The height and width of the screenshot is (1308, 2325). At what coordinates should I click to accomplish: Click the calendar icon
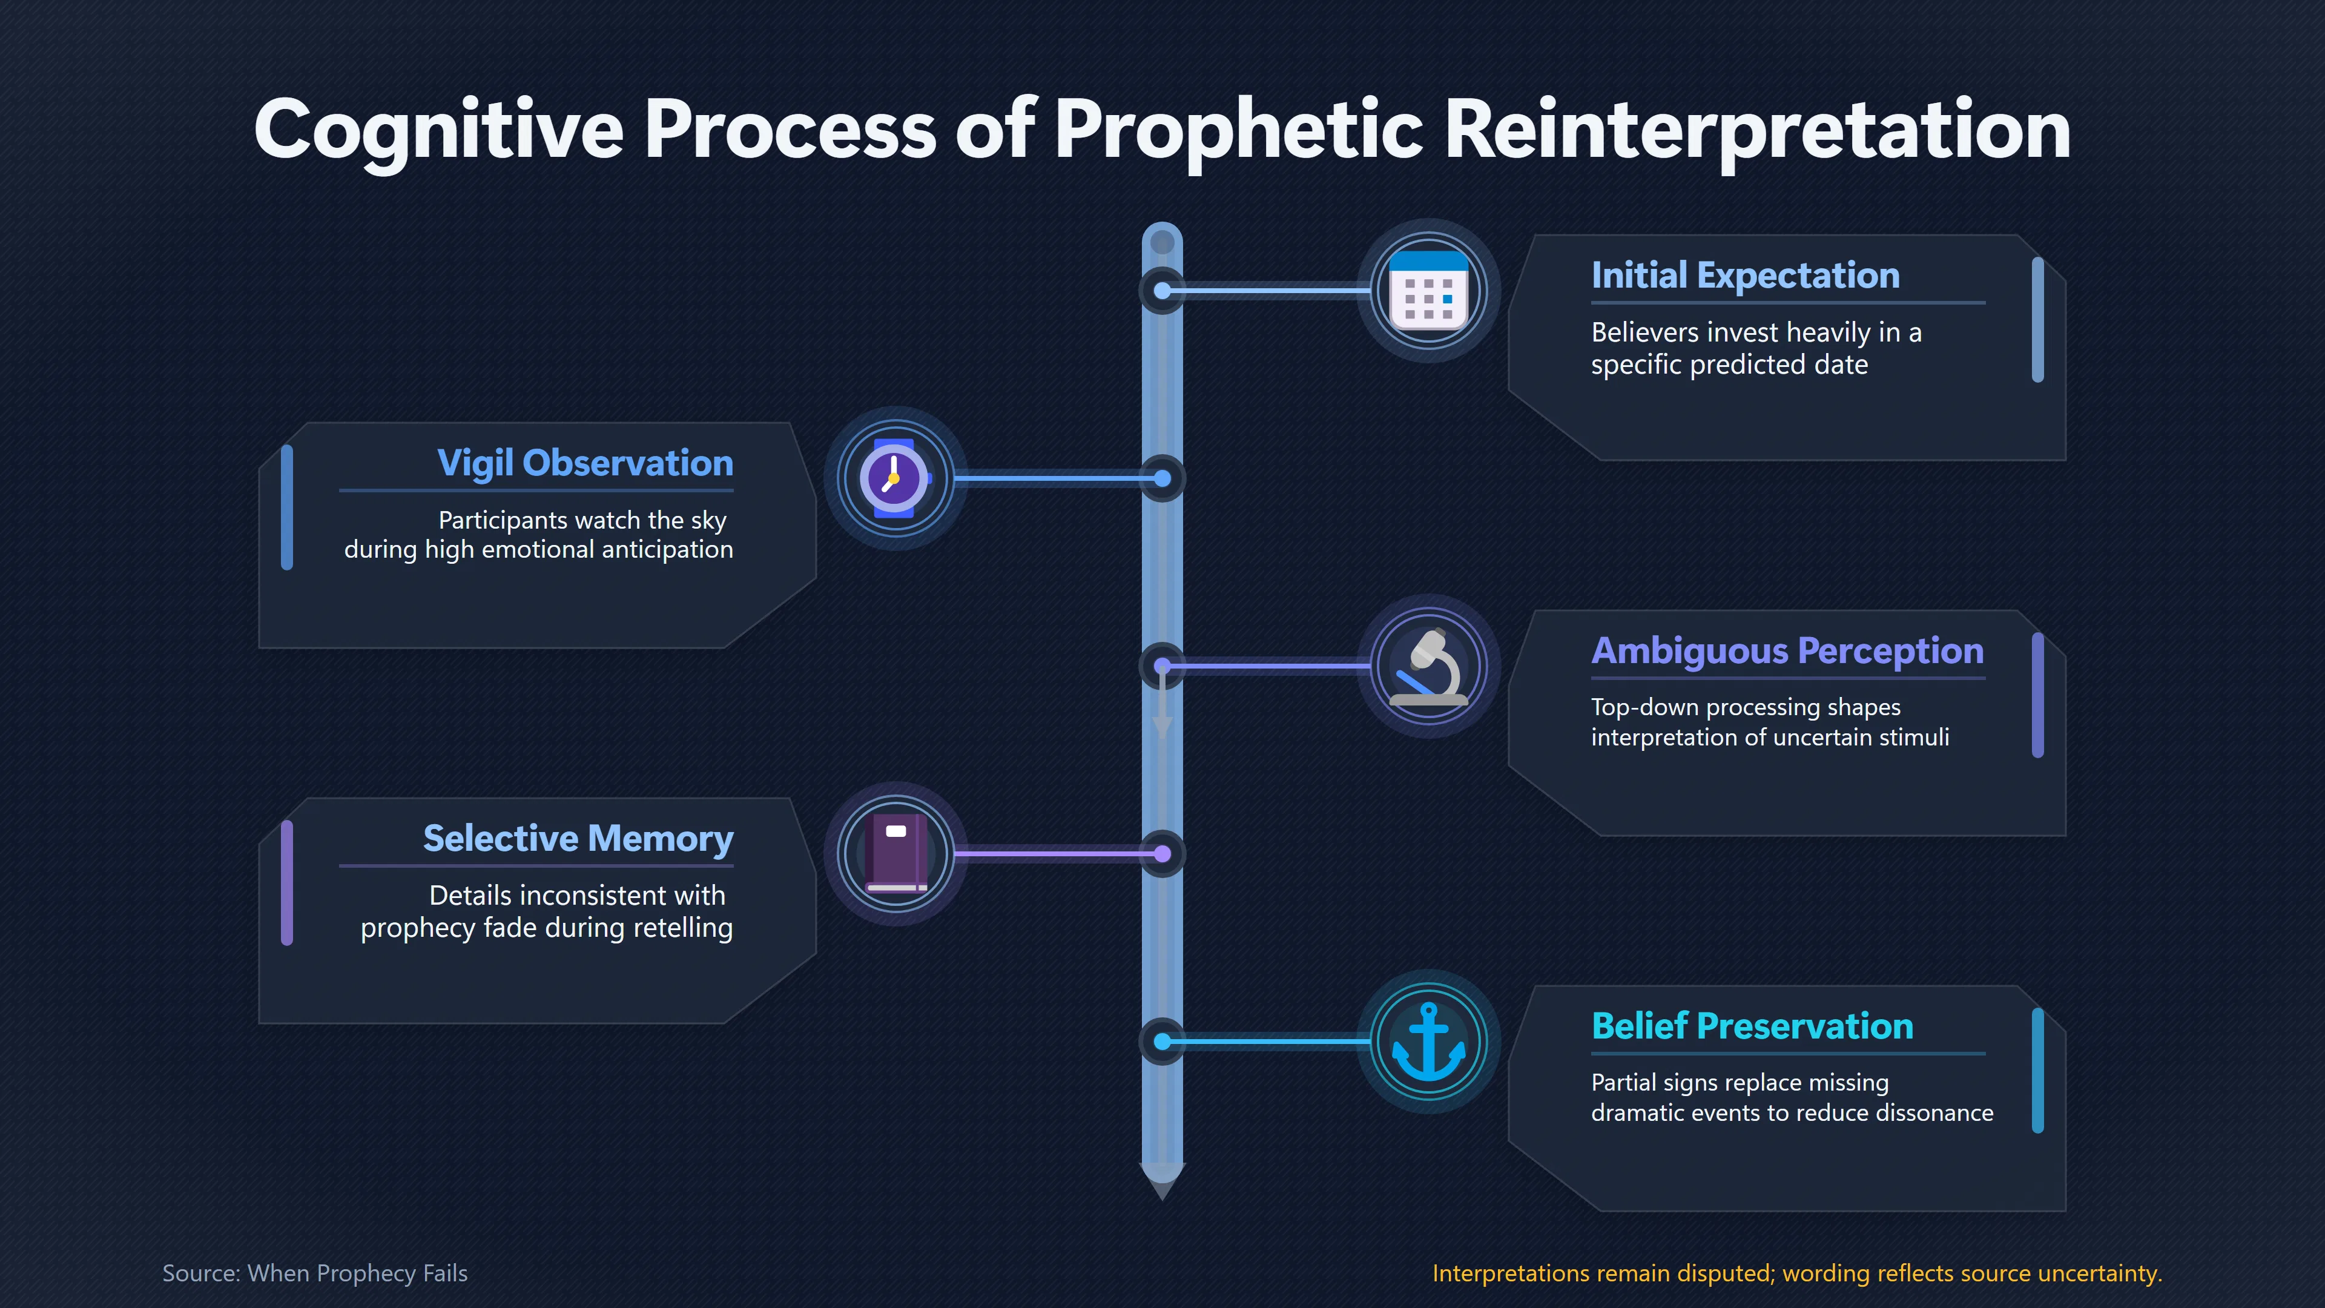click(1429, 291)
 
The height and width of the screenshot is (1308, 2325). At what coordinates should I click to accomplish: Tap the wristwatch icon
click(894, 478)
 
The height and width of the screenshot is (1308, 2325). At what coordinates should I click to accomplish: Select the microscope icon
click(1429, 666)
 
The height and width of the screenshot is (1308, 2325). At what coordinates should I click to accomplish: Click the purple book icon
click(895, 854)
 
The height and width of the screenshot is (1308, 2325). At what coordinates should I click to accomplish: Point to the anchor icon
click(1429, 1042)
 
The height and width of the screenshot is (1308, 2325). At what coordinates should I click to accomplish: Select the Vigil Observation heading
click(585, 463)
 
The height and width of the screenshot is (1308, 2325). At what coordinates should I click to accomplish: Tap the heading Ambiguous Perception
click(1787, 651)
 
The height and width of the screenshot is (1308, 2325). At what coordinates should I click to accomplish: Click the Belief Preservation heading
click(1752, 1026)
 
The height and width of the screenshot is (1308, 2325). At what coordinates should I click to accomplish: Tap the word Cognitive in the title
click(438, 132)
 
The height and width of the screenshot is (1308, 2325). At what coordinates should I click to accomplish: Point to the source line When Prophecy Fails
click(315, 1273)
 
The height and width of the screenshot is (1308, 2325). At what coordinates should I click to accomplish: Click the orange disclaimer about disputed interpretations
click(1797, 1273)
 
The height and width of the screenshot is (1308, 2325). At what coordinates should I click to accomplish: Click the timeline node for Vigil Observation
click(1162, 478)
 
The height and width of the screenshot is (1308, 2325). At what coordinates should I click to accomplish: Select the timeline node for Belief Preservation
click(1162, 1042)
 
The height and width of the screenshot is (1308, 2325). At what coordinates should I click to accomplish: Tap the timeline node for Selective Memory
click(1162, 854)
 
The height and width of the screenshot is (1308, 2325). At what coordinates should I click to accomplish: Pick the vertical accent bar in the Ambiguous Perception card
click(2037, 695)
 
